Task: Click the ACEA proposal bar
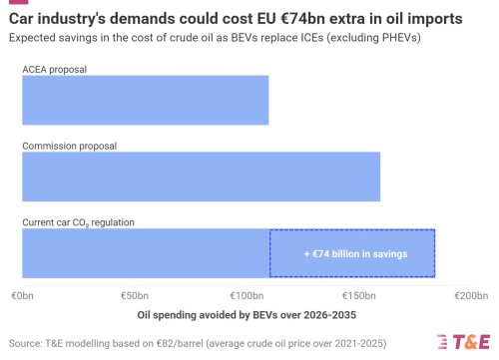pos(146,101)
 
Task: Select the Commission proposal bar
pos(201,177)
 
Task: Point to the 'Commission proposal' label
pos(69,146)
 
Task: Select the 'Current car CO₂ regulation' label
pos(78,221)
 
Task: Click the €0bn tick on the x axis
pos(22,297)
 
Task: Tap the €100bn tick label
pos(247,297)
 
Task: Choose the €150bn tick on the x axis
pos(358,297)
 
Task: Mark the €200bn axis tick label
pos(470,297)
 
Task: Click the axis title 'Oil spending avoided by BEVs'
pos(246,314)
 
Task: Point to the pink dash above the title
pos(16,3)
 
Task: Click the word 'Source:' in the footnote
pos(26,340)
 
